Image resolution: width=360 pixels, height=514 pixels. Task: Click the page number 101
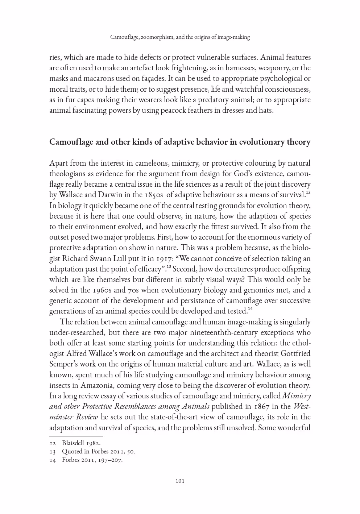[180, 481]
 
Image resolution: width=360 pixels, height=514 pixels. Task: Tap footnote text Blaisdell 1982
[81, 443]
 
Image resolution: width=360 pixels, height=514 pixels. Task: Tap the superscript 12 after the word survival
[308, 192]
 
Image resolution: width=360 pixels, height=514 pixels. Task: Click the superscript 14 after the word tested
[250, 309]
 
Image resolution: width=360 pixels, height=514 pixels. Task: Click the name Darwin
[109, 195]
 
